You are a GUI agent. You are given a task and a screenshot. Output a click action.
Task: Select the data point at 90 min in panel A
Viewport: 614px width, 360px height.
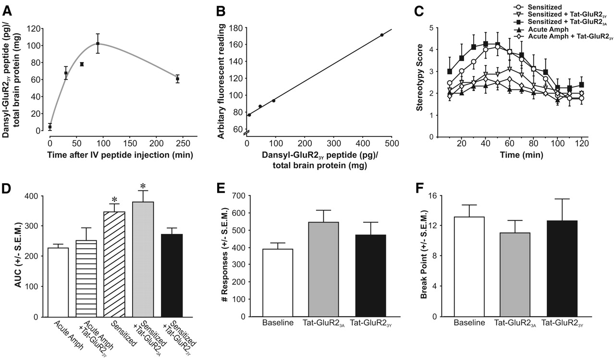coord(98,44)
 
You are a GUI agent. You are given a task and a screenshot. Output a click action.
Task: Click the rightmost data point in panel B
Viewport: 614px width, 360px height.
coord(382,35)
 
